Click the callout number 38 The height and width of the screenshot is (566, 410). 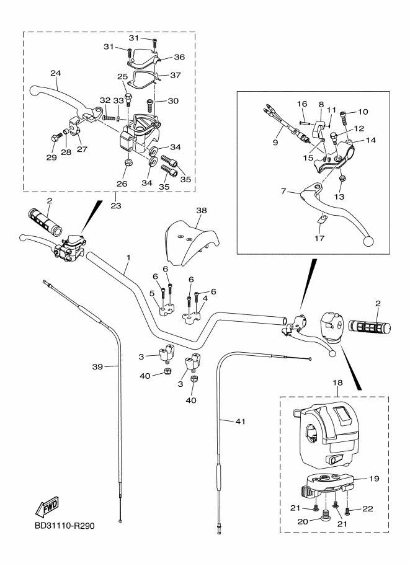tap(201, 210)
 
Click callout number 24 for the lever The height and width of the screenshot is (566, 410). tap(55, 73)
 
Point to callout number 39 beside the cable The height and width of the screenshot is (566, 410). tap(97, 367)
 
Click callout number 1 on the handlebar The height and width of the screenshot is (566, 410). tap(128, 257)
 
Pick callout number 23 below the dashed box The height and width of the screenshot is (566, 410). tap(116, 205)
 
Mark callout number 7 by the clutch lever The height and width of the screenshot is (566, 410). tap(284, 192)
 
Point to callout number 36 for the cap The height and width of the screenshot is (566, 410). tap(179, 56)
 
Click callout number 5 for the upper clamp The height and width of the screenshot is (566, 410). tap(151, 293)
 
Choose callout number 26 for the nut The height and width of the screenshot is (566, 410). tap(122, 184)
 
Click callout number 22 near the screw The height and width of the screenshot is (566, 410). tap(368, 509)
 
